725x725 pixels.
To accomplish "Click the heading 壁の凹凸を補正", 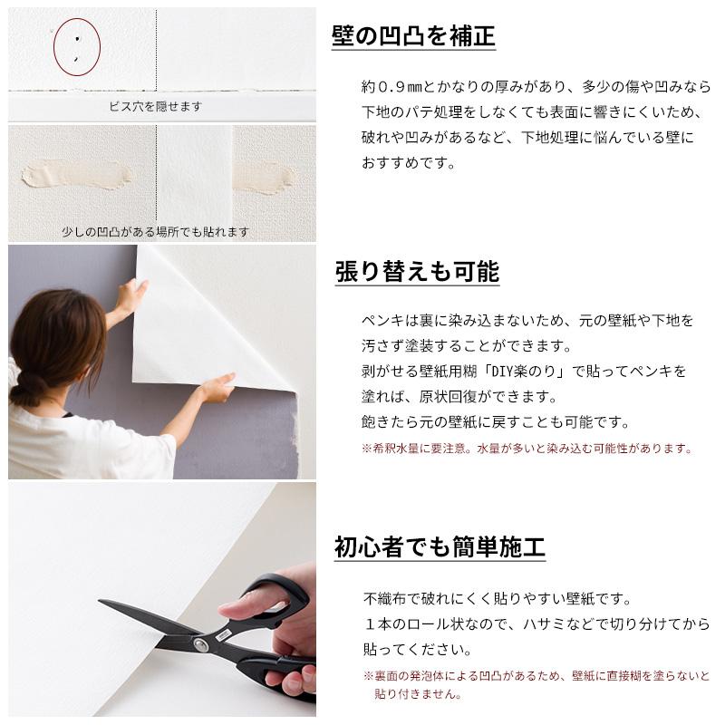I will point(413,37).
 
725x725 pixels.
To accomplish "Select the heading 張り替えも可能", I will point(416,271).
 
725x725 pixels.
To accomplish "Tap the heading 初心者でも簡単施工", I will point(440,547).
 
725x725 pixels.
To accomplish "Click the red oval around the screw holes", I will point(77,47).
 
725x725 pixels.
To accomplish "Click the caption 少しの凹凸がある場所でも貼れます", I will point(155,232).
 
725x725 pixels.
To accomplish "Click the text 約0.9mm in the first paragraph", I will point(389,87).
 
